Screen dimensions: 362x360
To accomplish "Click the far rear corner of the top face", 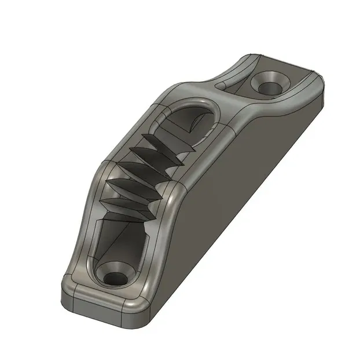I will [315, 74].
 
